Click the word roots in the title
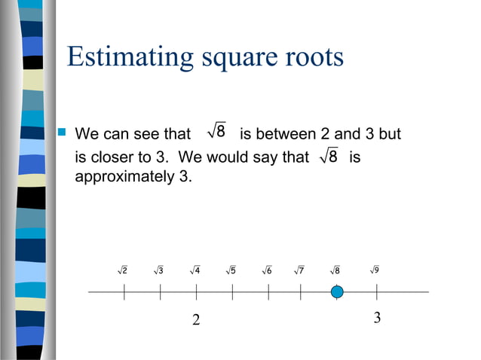[x=311, y=57]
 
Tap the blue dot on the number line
[x=337, y=291]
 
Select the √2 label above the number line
[x=122, y=270]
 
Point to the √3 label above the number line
[x=158, y=270]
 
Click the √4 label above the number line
[x=195, y=270]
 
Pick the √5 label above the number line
[x=231, y=270]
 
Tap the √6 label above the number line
[x=266, y=270]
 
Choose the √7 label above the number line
[x=299, y=270]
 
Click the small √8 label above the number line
[x=335, y=270]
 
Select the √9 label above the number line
[x=375, y=270]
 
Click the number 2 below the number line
[x=196, y=320]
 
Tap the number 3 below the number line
[x=377, y=318]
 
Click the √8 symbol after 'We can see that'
[x=216, y=133]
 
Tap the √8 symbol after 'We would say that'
[x=329, y=157]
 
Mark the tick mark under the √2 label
[x=124, y=291]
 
